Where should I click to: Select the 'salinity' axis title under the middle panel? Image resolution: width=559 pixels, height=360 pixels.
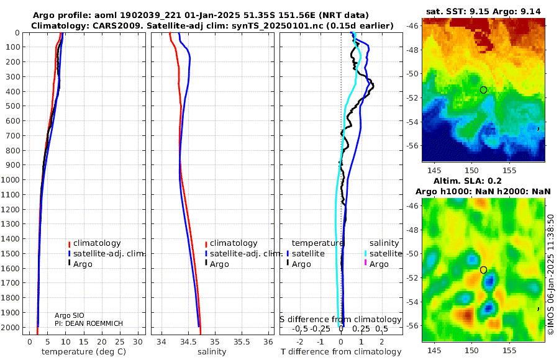pyautogui.click(x=211, y=352)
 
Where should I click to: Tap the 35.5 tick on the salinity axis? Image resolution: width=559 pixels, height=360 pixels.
pyautogui.click(x=241, y=341)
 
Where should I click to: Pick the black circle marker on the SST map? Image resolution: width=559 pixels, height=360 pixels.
pyautogui.click(x=483, y=90)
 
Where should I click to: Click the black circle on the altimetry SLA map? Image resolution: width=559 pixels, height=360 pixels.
pyautogui.click(x=483, y=270)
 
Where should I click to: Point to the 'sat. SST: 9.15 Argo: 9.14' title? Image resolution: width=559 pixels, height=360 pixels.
pyautogui.click(x=484, y=12)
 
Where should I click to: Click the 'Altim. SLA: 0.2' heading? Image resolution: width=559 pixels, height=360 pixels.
pyautogui.click(x=484, y=180)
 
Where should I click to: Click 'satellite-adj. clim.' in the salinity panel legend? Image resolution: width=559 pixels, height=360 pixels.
pyautogui.click(x=243, y=254)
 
